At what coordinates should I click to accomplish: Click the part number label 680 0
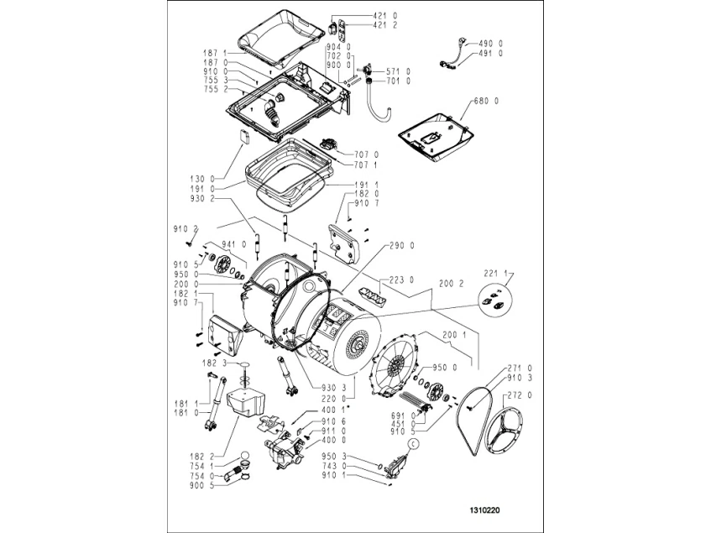487,101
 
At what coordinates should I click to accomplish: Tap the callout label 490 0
490,43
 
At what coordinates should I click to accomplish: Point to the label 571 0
398,71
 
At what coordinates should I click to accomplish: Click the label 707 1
368,165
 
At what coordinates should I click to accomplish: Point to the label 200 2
452,285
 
